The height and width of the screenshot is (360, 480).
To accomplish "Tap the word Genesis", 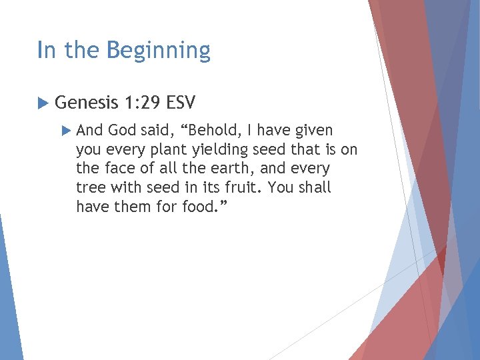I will click(x=85, y=103).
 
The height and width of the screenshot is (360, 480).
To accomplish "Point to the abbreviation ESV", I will click(x=181, y=103).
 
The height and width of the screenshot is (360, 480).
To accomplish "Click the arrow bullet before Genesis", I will click(x=42, y=103).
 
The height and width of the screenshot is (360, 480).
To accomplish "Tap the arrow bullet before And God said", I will click(x=65, y=131).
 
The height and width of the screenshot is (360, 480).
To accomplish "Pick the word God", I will click(x=121, y=131).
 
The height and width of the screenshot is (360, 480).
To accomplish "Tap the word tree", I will click(x=91, y=188).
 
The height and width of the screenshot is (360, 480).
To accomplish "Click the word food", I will click(x=202, y=207).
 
